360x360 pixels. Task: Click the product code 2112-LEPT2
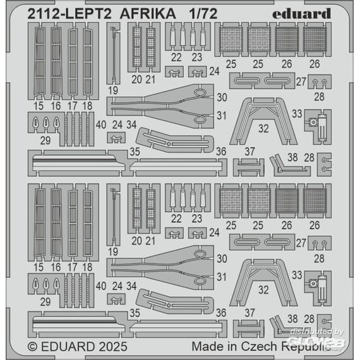tap(69, 14)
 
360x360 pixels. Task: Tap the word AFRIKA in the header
tap(148, 14)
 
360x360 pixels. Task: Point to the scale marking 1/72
tap(203, 14)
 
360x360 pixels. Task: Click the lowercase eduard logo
tap(301, 14)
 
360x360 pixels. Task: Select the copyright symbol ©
tap(32, 347)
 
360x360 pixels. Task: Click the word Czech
tap(259, 347)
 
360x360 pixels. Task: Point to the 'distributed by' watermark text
tap(317, 332)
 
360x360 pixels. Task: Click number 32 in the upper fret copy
tap(263, 129)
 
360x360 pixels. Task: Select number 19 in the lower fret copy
tap(113, 251)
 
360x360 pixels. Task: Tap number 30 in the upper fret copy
tap(222, 97)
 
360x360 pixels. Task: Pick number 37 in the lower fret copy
tap(249, 313)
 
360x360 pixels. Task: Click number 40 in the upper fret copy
tap(101, 124)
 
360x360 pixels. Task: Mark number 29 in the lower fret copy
tap(45, 302)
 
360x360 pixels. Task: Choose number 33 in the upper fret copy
tap(297, 114)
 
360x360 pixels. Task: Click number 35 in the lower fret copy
tap(135, 313)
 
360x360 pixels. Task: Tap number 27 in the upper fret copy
tap(301, 81)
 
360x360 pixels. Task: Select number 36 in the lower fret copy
tap(221, 313)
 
